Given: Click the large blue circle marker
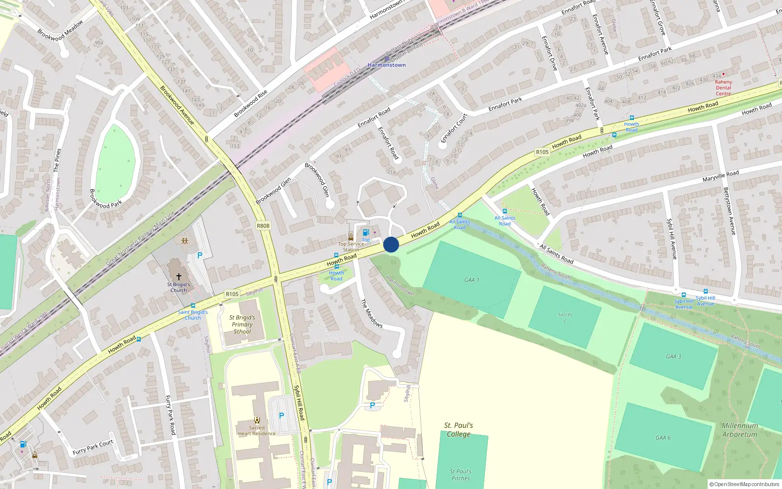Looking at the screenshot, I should tap(391, 244).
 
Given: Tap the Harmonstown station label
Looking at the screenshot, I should tap(387, 65).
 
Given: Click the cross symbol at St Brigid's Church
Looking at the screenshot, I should tap(179, 277).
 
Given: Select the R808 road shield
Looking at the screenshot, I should tap(263, 226).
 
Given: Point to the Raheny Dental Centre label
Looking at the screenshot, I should tap(723, 88).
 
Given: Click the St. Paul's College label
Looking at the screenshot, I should tap(458, 429).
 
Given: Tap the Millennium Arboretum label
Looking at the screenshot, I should tap(739, 430).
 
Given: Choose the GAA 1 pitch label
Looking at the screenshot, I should tap(472, 280).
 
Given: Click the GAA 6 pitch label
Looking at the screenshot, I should tap(663, 438).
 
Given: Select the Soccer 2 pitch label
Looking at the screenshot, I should tap(565, 317).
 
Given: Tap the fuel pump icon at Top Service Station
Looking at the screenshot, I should tap(366, 233).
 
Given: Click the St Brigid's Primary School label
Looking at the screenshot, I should tap(242, 324).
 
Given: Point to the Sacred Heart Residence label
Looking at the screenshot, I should tap(257, 430).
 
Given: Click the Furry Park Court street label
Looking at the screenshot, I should tap(93, 447).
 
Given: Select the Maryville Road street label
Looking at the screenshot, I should tap(720, 177).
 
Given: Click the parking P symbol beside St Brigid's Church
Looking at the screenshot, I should tap(199, 255).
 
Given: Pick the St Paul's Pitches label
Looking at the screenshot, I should tap(460, 475).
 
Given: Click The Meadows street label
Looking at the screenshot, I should tap(371, 313).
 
